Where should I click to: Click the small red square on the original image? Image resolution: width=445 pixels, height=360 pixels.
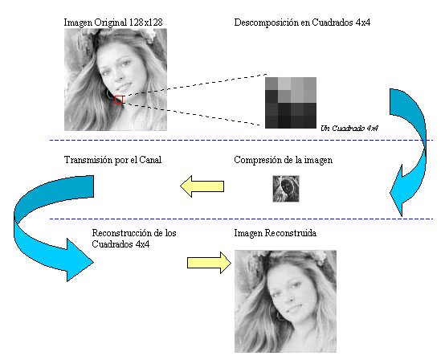[119, 100]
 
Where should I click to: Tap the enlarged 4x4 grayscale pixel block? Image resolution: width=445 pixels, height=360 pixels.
[291, 103]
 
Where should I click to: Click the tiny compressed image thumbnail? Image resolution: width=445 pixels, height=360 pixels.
[286, 189]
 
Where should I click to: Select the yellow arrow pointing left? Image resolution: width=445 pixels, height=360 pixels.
[202, 186]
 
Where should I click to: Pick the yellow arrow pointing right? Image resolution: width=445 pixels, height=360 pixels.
[209, 263]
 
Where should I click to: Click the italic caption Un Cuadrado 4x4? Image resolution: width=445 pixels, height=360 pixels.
[349, 129]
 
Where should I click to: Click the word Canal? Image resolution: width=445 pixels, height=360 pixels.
[150, 160]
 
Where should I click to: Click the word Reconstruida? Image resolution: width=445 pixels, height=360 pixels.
[290, 233]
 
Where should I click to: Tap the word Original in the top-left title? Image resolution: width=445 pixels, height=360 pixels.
[111, 22]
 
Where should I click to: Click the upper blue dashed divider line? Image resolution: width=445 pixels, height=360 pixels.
[241, 141]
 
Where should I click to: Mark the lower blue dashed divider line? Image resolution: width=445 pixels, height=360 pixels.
[241, 219]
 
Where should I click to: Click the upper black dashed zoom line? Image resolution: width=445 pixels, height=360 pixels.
[194, 85]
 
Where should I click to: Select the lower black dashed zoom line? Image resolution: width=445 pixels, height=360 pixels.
[192, 114]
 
